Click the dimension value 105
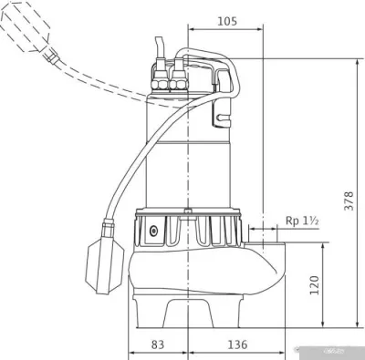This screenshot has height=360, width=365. pyautogui.click(x=227, y=21)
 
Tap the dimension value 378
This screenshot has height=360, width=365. pyautogui.click(x=349, y=201)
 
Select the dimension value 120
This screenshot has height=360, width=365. pyautogui.click(x=314, y=285)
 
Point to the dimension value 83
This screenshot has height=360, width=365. pyautogui.click(x=158, y=345)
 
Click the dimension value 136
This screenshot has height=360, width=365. pyautogui.click(x=237, y=345)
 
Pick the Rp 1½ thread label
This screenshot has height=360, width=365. pyautogui.click(x=302, y=221)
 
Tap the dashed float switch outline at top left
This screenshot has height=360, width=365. pyautogui.click(x=26, y=26)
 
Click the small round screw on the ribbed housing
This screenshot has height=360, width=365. pyautogui.click(x=153, y=231)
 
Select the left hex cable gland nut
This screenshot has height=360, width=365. pyautogui.click(x=160, y=84)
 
